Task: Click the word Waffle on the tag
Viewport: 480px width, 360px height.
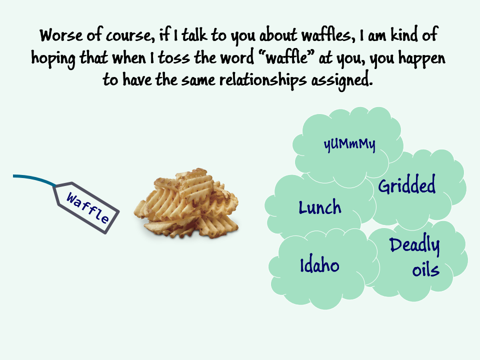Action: (87, 208)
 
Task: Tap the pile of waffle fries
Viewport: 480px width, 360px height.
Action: (186, 203)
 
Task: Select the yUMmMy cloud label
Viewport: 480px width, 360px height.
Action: (349, 144)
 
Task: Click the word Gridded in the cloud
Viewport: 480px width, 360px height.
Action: (406, 184)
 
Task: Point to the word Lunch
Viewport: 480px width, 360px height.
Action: (319, 207)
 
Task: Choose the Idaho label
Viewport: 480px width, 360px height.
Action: (319, 265)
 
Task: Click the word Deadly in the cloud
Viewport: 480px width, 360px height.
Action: (414, 245)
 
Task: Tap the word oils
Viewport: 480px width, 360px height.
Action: (425, 270)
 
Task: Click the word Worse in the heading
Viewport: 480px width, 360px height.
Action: (61, 35)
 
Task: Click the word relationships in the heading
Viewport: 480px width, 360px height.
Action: (263, 80)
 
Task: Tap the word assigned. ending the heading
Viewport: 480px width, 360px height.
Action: (342, 80)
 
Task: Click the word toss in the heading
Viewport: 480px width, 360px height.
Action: (173, 58)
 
